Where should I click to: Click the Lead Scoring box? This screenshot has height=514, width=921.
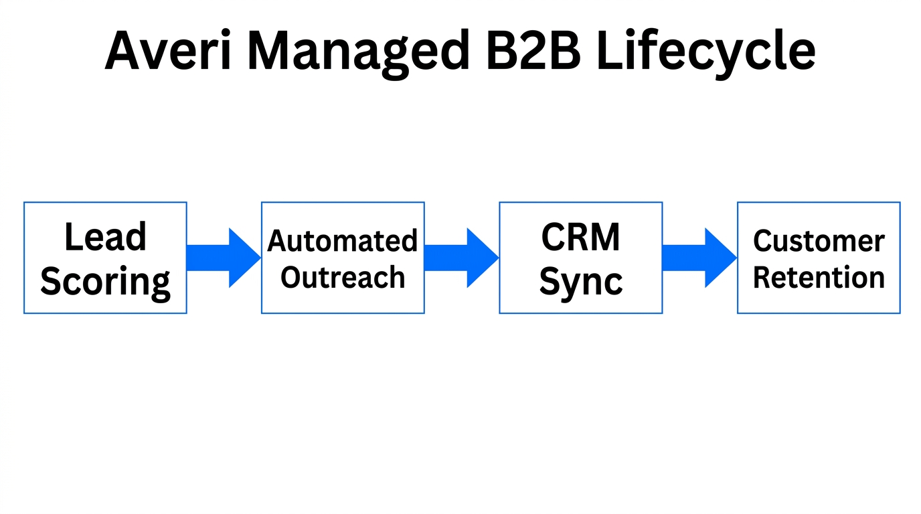click(105, 258)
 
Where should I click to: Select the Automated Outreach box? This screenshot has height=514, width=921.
click(343, 258)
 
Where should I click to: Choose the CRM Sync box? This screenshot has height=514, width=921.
click(580, 258)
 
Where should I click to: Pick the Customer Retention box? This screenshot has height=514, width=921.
click(819, 258)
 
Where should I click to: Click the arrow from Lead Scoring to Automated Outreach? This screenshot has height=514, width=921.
click(224, 258)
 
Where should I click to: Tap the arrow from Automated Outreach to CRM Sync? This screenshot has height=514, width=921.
click(461, 258)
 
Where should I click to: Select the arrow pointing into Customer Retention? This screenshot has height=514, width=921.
click(699, 258)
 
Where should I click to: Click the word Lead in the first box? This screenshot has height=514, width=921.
click(105, 237)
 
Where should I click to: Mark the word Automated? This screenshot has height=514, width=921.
click(343, 241)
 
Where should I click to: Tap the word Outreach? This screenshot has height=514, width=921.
click(343, 277)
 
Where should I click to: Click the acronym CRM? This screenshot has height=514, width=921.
click(580, 237)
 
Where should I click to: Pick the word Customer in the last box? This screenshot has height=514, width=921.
click(819, 241)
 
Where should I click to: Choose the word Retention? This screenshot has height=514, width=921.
click(819, 277)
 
